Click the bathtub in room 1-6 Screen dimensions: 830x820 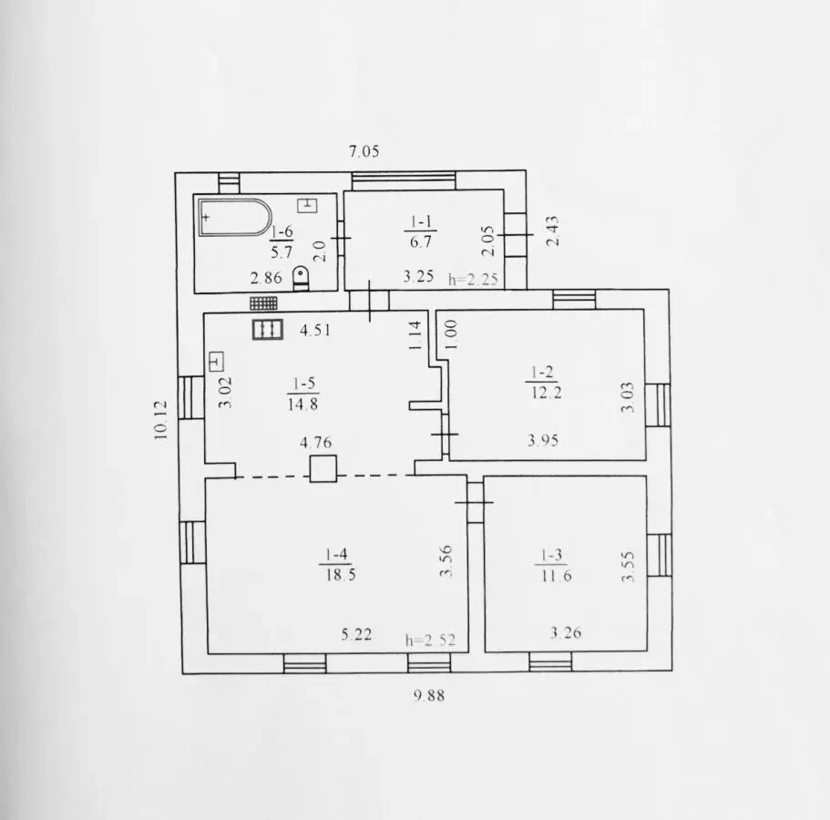pyautogui.click(x=235, y=217)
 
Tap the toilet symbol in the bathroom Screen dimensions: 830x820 pyautogui.click(x=301, y=279)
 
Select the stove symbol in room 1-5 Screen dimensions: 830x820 pyautogui.click(x=267, y=329)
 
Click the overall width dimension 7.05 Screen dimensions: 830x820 pyautogui.click(x=364, y=151)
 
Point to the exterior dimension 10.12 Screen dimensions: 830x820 pyautogui.click(x=160, y=420)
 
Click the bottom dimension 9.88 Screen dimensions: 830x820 pyautogui.click(x=429, y=695)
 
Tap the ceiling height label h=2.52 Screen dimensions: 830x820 pyautogui.click(x=430, y=640)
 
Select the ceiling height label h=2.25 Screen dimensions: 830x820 pyautogui.click(x=473, y=279)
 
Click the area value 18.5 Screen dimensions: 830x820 pyautogui.click(x=341, y=574)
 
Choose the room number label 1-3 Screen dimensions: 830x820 pyautogui.click(x=551, y=555)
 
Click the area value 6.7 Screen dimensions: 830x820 pyautogui.click(x=421, y=241)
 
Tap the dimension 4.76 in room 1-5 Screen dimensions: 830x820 pyautogui.click(x=315, y=442)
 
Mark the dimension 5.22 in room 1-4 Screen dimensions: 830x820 pyautogui.click(x=355, y=633)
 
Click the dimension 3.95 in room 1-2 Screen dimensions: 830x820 pyautogui.click(x=543, y=440)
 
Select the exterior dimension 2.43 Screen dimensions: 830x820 pyautogui.click(x=552, y=231)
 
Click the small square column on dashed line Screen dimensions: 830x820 pyautogui.click(x=323, y=469)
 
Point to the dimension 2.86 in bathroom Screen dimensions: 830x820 pyautogui.click(x=266, y=277)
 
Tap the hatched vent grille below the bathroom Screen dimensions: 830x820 pyautogui.click(x=263, y=302)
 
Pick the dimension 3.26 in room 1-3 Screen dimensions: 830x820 pyautogui.click(x=566, y=632)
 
